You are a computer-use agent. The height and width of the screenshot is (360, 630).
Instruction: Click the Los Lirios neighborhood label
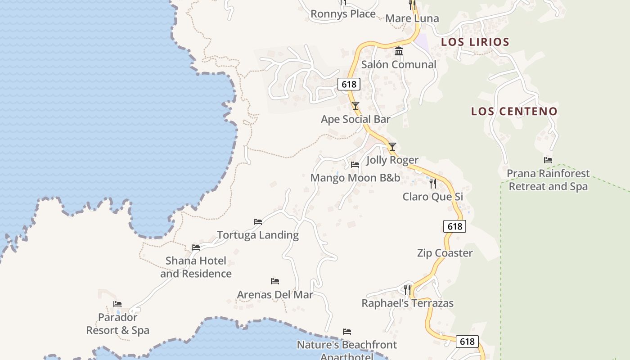[x=475, y=42]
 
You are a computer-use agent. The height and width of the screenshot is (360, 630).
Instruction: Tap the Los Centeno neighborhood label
[x=514, y=111]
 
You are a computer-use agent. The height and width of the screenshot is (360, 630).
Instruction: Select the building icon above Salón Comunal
[x=399, y=51]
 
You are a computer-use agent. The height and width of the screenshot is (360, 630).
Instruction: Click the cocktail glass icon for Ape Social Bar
[x=355, y=106]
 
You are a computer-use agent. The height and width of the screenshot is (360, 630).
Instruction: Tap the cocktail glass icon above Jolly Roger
[x=392, y=147]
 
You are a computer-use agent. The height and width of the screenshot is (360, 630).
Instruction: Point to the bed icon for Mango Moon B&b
[x=355, y=165]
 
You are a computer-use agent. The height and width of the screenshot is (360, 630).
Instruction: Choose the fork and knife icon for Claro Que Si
[x=433, y=183]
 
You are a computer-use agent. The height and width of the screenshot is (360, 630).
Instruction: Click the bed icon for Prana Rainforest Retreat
[x=548, y=160]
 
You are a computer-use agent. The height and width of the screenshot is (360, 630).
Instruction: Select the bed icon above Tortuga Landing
[x=258, y=221]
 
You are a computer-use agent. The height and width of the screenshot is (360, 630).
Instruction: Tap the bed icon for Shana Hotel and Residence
[x=196, y=247]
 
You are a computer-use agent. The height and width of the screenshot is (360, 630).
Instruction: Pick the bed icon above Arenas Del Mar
[x=275, y=281]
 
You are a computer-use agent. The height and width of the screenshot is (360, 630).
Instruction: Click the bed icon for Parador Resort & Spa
[x=117, y=304]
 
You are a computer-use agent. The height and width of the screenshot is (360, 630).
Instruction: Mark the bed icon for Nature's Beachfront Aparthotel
[x=346, y=332]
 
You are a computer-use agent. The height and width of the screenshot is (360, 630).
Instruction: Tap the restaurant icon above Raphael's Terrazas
[x=407, y=289]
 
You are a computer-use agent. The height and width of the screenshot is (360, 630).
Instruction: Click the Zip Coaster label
[x=445, y=253]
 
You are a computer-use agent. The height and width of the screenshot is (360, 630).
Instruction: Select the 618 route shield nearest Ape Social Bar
[x=349, y=84]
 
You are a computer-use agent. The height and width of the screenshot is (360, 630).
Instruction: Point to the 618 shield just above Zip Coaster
[x=454, y=226]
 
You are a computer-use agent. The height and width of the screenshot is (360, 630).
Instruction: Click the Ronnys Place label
[x=343, y=14]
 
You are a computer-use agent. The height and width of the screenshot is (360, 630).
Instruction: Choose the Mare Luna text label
[x=412, y=18]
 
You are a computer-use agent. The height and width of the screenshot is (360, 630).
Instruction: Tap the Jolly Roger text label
[x=392, y=160]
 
